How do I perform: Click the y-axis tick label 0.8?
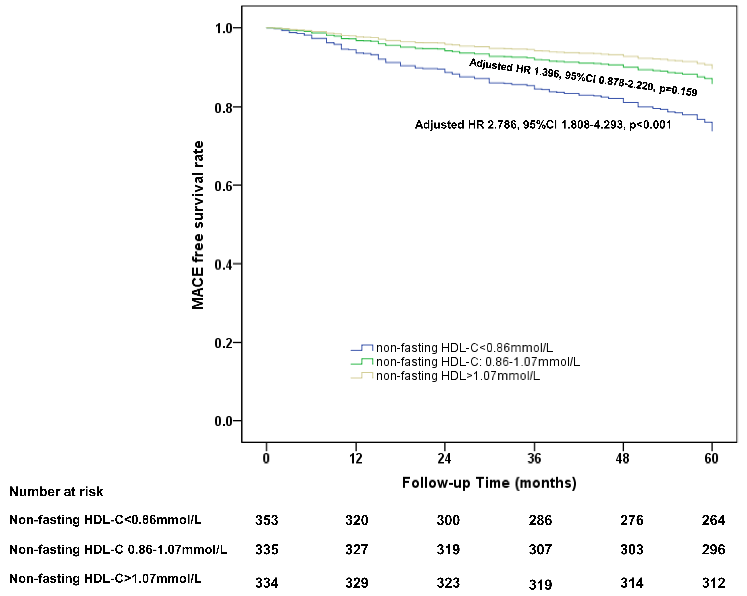[x=223, y=107]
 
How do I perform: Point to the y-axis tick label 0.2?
[x=223, y=343]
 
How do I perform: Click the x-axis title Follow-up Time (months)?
[x=489, y=482]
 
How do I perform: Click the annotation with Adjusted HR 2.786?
[x=543, y=125]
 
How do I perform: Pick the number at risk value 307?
[x=540, y=550]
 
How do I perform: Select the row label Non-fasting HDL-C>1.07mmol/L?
[x=105, y=579]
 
